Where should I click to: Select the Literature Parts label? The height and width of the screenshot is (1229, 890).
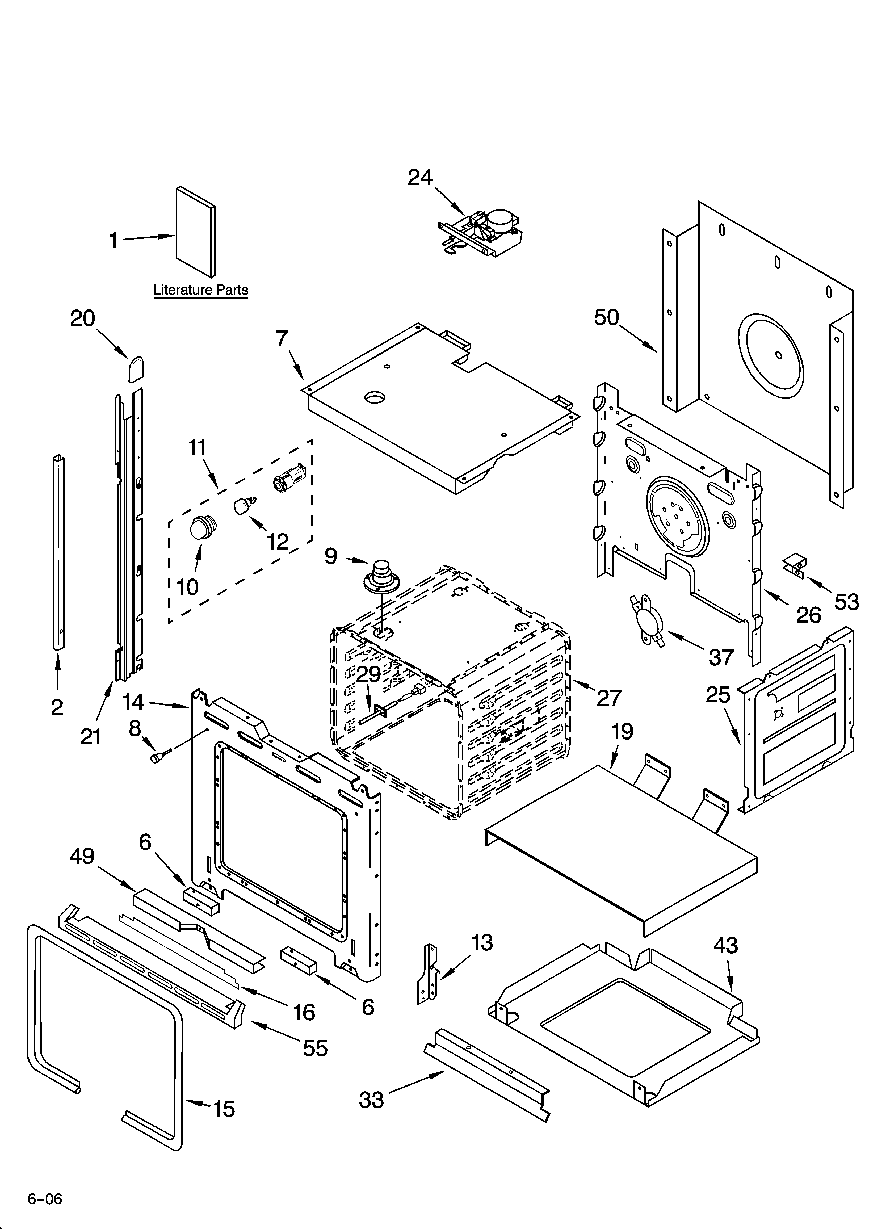click(x=200, y=290)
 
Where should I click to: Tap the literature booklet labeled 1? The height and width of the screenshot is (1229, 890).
click(x=195, y=232)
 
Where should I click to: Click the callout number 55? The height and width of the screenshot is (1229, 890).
click(x=315, y=1048)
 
